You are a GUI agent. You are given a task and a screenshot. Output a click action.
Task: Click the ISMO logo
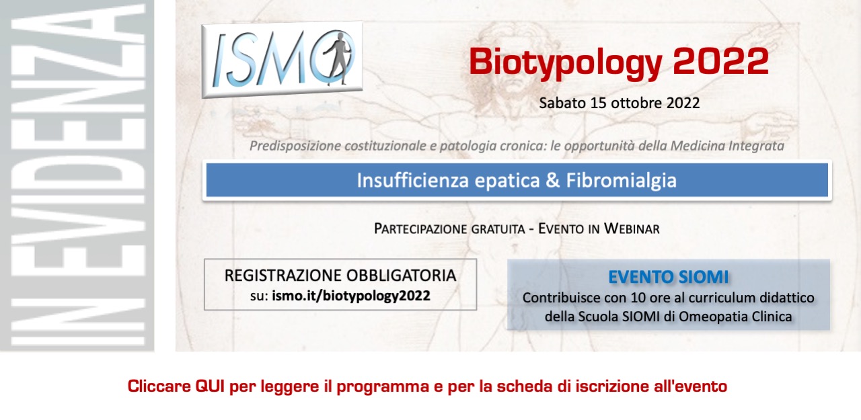282,60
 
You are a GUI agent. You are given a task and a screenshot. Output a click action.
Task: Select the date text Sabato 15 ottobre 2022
619,103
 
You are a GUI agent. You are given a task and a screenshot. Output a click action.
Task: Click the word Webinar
632,228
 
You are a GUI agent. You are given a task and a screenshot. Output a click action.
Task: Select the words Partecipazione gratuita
449,228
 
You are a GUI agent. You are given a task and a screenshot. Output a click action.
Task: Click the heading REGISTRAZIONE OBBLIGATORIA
340,276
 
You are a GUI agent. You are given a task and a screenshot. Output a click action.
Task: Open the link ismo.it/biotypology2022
351,296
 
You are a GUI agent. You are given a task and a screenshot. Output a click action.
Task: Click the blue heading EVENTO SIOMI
668,277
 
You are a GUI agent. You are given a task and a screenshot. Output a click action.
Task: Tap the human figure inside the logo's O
336,58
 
